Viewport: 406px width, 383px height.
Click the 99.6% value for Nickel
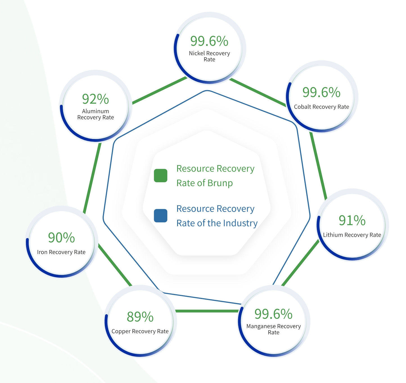click(x=209, y=41)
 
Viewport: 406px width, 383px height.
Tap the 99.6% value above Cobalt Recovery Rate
click(x=321, y=92)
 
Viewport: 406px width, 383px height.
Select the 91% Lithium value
click(x=352, y=220)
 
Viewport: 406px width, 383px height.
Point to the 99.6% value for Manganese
click(x=273, y=314)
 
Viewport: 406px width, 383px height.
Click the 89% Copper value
click(x=140, y=317)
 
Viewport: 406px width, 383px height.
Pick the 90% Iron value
click(x=61, y=238)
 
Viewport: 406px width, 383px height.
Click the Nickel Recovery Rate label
click(x=209, y=56)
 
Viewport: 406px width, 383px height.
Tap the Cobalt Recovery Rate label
click(x=321, y=107)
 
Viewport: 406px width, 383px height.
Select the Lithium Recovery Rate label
click(x=352, y=235)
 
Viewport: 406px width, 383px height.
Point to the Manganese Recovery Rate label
click(x=273, y=329)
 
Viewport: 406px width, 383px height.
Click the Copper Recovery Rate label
click(x=140, y=331)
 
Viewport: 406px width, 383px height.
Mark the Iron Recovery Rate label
click(x=61, y=252)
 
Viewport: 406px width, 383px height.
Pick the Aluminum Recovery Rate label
click(x=95, y=114)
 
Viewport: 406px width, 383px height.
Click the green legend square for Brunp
click(x=161, y=175)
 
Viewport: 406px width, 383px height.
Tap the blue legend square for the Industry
click(x=161, y=216)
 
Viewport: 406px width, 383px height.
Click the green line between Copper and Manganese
click(x=207, y=311)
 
